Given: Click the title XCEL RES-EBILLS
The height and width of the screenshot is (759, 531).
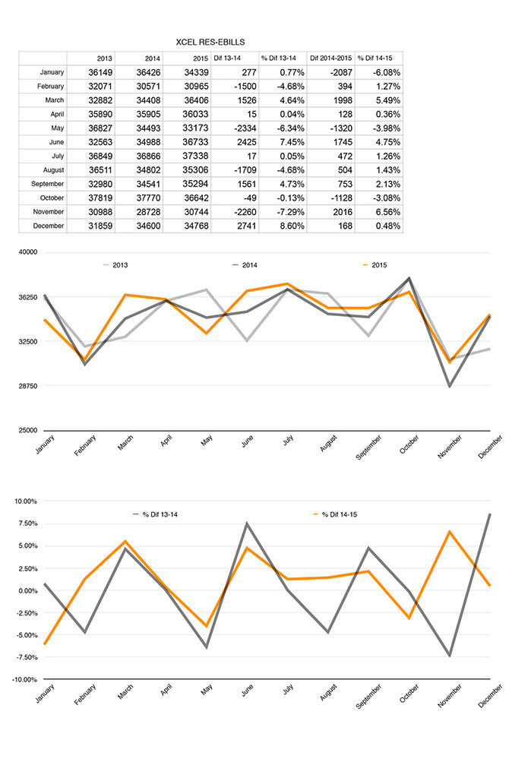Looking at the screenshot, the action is pyautogui.click(x=210, y=43).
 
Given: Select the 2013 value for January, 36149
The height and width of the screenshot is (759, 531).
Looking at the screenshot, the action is pyautogui.click(x=100, y=73).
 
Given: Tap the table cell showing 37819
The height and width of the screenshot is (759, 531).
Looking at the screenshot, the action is pyautogui.click(x=100, y=198).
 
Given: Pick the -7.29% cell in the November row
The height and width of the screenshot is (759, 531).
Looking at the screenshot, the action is pyautogui.click(x=292, y=212).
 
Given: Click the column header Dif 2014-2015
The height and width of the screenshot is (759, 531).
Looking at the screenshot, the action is pyautogui.click(x=331, y=58).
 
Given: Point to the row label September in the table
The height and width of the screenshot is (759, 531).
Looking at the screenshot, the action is pyautogui.click(x=47, y=184).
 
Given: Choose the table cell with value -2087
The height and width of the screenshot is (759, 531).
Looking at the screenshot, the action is pyautogui.click(x=341, y=73).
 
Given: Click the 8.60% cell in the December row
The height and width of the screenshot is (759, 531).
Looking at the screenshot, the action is pyautogui.click(x=292, y=226).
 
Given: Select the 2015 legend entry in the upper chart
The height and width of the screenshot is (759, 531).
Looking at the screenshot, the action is pyautogui.click(x=375, y=265).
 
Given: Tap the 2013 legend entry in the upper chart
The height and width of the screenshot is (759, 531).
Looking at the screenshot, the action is pyautogui.click(x=115, y=265).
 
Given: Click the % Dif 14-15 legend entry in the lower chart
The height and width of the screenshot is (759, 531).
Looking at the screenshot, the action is pyautogui.click(x=336, y=514).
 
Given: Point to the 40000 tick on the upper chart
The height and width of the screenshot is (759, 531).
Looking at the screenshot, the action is pyautogui.click(x=27, y=252).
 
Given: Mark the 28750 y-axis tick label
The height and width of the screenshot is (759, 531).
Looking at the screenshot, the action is pyautogui.click(x=27, y=386).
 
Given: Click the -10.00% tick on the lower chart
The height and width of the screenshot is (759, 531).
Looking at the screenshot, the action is pyautogui.click(x=24, y=680).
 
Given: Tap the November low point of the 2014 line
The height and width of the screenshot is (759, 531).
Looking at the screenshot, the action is pyautogui.click(x=450, y=386).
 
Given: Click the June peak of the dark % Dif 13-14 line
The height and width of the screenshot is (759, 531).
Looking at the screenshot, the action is pyautogui.click(x=247, y=523).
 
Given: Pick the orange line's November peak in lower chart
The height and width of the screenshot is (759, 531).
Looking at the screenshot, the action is pyautogui.click(x=450, y=532).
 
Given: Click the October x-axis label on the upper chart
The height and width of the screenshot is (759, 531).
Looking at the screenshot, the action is pyautogui.click(x=409, y=444).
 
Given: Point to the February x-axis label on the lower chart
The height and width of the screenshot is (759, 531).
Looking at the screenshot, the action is pyautogui.click(x=85, y=694).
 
